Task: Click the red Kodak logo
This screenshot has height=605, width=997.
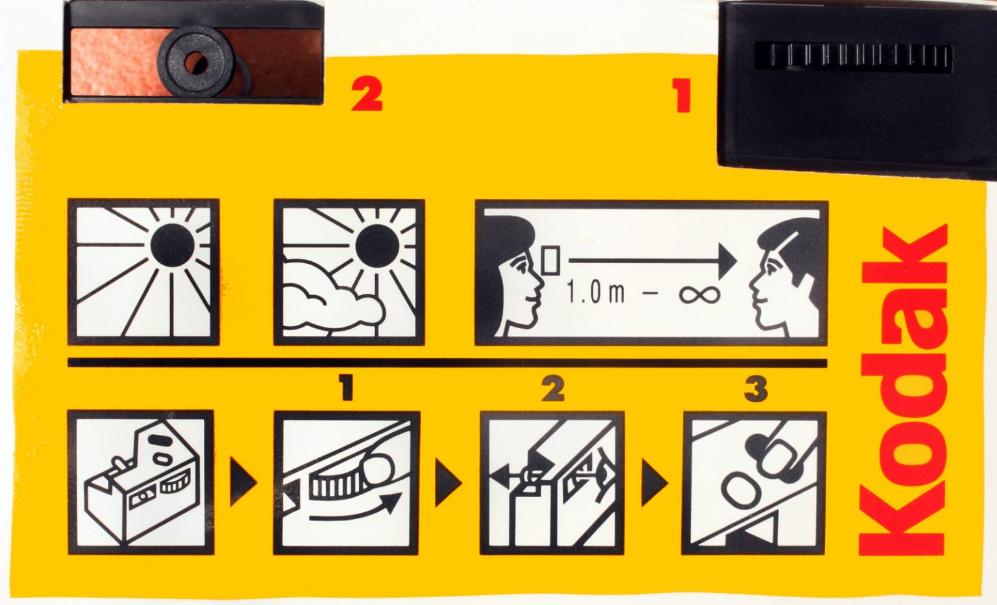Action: click(902, 390)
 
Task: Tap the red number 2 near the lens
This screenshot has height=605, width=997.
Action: click(367, 95)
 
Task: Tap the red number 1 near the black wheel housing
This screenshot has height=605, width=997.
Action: click(682, 96)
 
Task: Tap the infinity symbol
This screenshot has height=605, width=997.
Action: click(700, 294)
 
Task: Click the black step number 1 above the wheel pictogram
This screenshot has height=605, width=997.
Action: click(347, 389)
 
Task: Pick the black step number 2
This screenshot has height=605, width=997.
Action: click(552, 389)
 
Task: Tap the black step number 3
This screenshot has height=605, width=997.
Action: click(756, 389)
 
